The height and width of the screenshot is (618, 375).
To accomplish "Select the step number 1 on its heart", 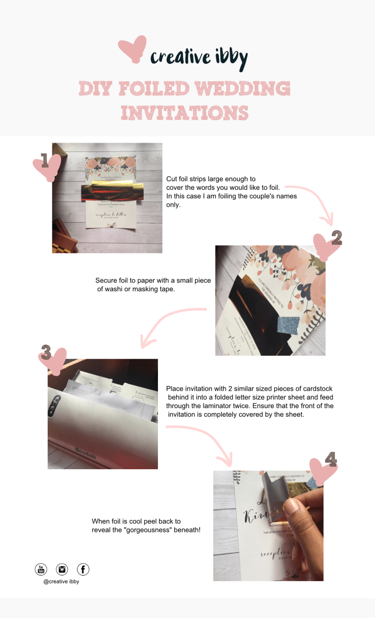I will tap(45, 160).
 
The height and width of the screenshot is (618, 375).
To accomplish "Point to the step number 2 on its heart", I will tap(336, 238).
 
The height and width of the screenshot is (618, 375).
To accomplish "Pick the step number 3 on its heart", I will tap(46, 351).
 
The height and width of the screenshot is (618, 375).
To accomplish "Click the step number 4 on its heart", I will tap(330, 461).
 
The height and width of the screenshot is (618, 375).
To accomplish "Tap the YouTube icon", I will tap(41, 569).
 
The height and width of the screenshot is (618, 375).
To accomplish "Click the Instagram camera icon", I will tap(62, 569).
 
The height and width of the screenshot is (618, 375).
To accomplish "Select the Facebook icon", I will tap(83, 569).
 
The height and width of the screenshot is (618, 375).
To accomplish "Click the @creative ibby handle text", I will tap(61, 581).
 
